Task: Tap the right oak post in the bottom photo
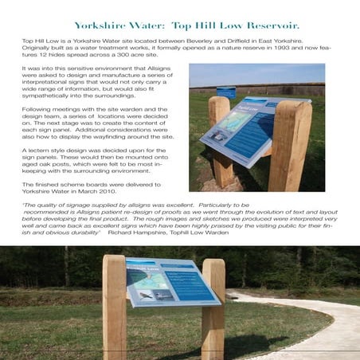pos(213,315)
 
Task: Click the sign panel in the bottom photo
pos(172,282)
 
